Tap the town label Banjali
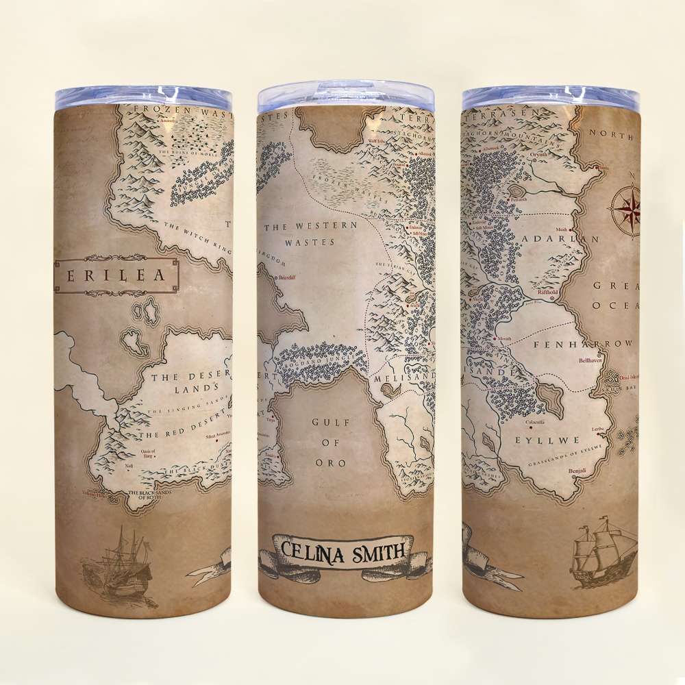click(578, 471)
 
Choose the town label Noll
click(128, 466)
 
